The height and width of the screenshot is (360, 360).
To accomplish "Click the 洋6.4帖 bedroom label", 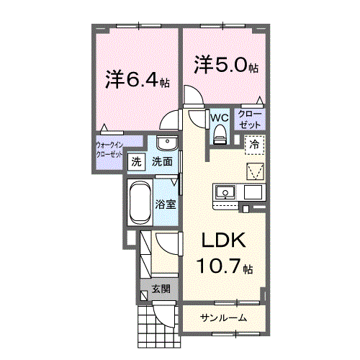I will point(137,78).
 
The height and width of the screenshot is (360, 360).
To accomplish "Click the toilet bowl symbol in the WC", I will point(219,132).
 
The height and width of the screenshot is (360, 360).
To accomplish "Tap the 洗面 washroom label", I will point(161,163).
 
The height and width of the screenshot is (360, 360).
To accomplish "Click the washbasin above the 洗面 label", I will point(165,142).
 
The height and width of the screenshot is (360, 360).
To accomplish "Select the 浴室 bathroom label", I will point(166,204).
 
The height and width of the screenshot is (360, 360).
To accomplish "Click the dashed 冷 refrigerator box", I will point(253,145).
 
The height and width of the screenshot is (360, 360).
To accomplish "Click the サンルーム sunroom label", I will point(223,318).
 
